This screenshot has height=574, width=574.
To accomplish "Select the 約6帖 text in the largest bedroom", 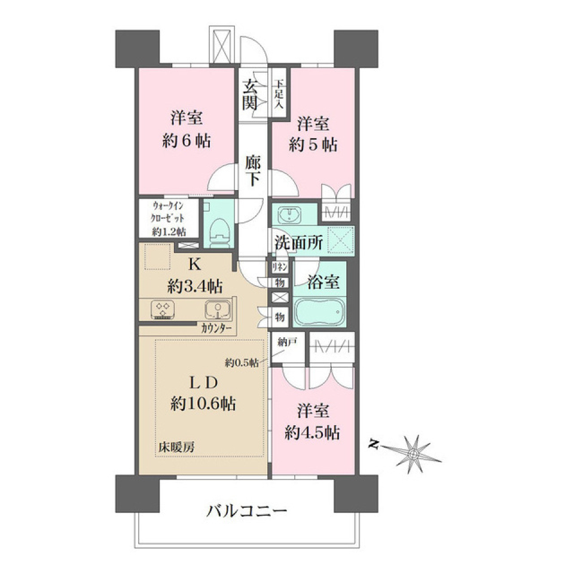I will tap(185, 142).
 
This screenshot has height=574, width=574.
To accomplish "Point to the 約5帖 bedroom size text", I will tap(312, 144).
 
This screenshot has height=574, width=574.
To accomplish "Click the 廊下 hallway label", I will tap(252, 171).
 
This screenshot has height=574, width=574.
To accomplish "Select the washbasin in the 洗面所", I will tap(289, 215).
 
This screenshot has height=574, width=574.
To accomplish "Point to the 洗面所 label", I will tap(299, 243).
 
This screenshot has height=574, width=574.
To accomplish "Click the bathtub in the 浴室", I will tap(320, 311).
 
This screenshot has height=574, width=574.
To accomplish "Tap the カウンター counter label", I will tap(218, 328).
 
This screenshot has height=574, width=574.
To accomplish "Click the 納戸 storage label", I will tap(288, 343).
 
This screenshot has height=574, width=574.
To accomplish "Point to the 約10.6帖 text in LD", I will tap(201, 404).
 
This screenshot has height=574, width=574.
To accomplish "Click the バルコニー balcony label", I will tap(248, 511).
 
